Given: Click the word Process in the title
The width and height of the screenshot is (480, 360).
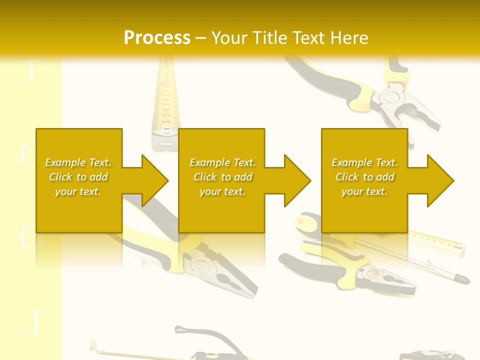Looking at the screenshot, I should pos(157,38).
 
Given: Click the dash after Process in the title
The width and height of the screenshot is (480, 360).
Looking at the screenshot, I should pos(201,38).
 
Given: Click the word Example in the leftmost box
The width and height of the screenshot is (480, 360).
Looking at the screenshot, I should pos(64,162).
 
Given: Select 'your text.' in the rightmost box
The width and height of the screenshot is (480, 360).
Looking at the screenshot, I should pos(364,191).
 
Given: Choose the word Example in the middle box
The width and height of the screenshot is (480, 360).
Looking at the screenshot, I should pos(209,162).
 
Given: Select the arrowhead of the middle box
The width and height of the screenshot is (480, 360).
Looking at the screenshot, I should pos(295,180).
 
